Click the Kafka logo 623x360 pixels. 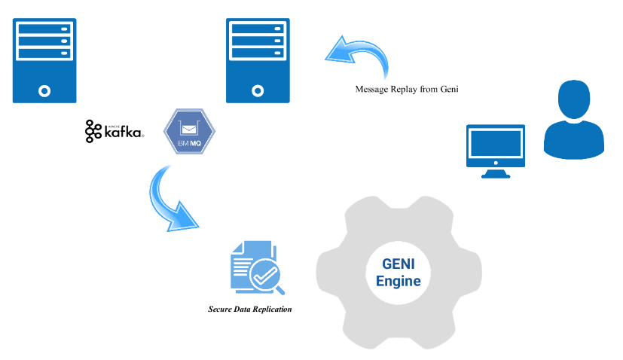point(115,131)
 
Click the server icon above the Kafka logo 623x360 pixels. point(44,60)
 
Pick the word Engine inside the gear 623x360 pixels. point(398,282)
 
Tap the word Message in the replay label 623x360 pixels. point(372,89)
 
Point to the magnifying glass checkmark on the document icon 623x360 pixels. point(265,277)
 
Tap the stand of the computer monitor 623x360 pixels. point(494,172)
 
